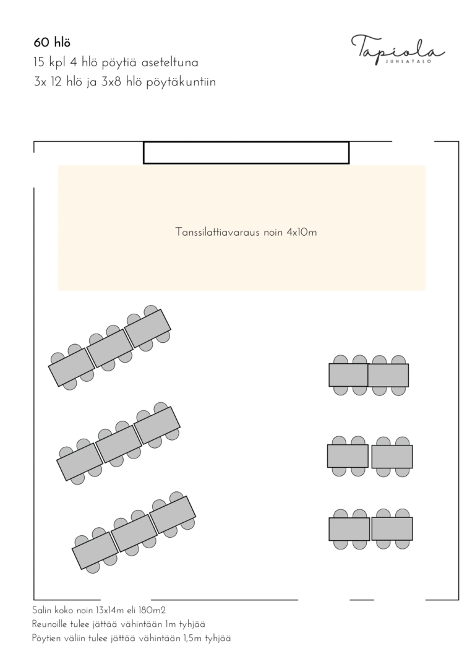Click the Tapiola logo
pyautogui.click(x=398, y=50)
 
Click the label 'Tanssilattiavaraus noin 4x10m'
pyautogui.click(x=246, y=232)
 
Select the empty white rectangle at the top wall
pyautogui.click(x=246, y=153)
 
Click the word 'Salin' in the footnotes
pyautogui.click(x=41, y=610)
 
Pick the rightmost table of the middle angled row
pyautogui.click(x=157, y=425)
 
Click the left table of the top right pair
pyautogui.click(x=349, y=375)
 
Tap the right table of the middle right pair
pyautogui.click(x=392, y=457)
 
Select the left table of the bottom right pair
pyautogui.click(x=349, y=529)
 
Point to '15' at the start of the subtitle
pyautogui.click(x=38, y=62)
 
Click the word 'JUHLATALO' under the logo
pyautogui.click(x=408, y=61)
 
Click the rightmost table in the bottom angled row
pyautogui.click(x=173, y=515)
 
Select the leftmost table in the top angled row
pyautogui.click(x=72, y=368)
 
